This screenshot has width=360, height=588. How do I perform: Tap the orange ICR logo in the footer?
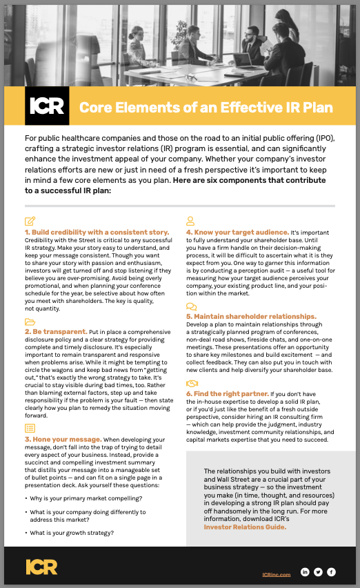[x=41, y=567]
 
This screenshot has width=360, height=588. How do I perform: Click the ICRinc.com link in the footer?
[x=277, y=573]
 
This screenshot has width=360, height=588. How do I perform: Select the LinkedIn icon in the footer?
[x=305, y=572]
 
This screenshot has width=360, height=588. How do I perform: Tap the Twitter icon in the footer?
[x=318, y=572]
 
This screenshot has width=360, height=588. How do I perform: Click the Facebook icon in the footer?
[x=331, y=572]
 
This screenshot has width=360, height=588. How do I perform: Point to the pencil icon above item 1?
[x=30, y=221]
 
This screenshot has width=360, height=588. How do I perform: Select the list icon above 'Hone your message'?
[x=30, y=429]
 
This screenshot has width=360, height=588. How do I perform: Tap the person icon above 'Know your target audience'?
[x=190, y=221]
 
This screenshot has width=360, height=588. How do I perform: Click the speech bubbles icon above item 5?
[x=191, y=306]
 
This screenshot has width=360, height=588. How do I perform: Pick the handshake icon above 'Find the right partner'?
[x=191, y=383]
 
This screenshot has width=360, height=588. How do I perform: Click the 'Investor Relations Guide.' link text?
[x=245, y=527]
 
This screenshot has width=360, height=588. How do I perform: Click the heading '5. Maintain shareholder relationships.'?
[x=250, y=316]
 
